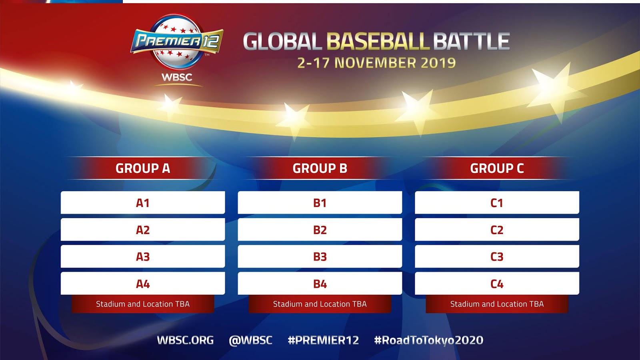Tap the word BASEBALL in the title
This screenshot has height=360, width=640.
(x=378, y=42)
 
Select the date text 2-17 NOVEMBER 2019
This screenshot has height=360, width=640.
(x=376, y=63)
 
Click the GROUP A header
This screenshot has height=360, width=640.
(x=143, y=168)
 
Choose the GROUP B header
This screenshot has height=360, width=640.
(x=320, y=168)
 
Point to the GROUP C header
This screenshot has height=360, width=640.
(x=497, y=168)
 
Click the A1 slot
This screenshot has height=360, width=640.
(x=143, y=202)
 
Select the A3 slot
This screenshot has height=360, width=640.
(x=143, y=256)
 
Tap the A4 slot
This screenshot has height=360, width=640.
(x=143, y=284)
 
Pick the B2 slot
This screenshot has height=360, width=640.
(x=320, y=230)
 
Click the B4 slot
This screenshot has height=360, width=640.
(x=320, y=284)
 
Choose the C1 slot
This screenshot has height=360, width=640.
(x=497, y=202)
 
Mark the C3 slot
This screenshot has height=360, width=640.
(x=497, y=256)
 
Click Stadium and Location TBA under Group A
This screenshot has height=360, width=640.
(x=143, y=304)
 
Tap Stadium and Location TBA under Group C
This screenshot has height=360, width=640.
(x=497, y=304)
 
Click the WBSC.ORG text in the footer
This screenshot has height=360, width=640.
(x=186, y=340)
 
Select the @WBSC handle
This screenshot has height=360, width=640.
(x=250, y=340)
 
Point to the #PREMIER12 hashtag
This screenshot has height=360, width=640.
(x=324, y=340)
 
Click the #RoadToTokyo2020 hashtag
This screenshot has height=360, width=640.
(x=429, y=340)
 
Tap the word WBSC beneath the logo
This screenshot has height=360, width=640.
(x=177, y=77)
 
